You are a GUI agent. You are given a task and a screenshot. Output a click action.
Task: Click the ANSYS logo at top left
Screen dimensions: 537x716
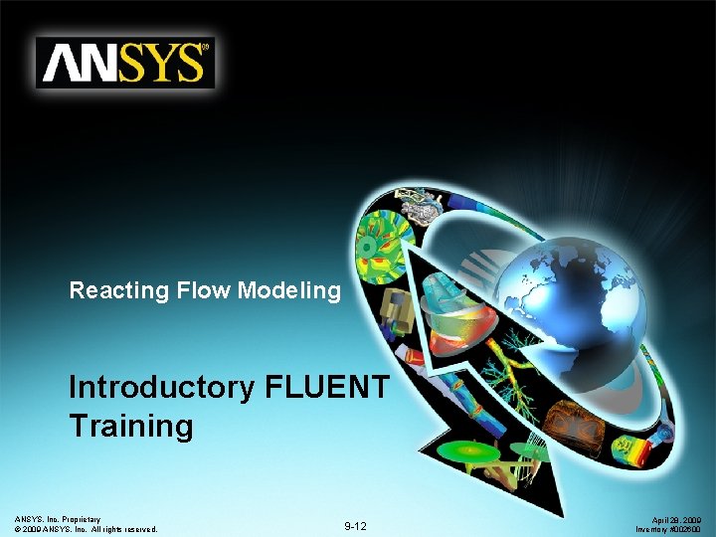coord(125,64)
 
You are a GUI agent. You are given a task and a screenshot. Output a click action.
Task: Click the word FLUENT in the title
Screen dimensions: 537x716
coord(328,387)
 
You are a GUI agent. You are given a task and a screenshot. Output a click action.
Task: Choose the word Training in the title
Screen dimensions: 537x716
coord(130,426)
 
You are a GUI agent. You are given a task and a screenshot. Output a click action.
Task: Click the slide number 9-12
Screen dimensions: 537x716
coord(356,525)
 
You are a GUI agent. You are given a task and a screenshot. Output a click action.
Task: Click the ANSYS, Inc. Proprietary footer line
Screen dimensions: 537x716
coord(58,519)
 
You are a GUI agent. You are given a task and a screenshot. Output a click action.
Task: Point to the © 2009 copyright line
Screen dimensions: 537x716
coord(87,529)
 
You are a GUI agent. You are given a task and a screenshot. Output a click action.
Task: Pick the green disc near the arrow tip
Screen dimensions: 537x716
coord(466,452)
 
